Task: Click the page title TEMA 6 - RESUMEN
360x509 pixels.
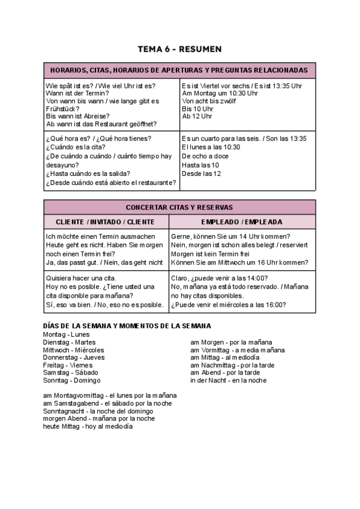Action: pyautogui.click(x=179, y=49)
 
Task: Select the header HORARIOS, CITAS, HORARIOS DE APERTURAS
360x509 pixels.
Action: pyautogui.click(x=179, y=70)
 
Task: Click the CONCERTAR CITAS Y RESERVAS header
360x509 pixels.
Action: pyautogui.click(x=179, y=207)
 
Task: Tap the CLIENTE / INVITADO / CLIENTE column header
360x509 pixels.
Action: pyautogui.click(x=105, y=221)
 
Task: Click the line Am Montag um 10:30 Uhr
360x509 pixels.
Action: pyautogui.click(x=220, y=94)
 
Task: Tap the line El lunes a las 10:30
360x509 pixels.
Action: pyautogui.click(x=211, y=147)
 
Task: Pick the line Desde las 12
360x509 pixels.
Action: pyautogui.click(x=201, y=173)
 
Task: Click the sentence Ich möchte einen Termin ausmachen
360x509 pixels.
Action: pyautogui.click(x=100, y=236)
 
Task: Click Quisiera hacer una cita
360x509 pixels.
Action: pyautogui.click(x=81, y=278)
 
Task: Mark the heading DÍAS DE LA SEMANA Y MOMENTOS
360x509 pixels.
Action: pyautogui.click(x=127, y=325)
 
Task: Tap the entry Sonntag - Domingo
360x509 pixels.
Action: pyautogui.click(x=71, y=381)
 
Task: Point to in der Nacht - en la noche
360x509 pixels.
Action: pyautogui.click(x=228, y=381)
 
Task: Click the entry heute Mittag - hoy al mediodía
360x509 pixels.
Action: pyautogui.click(x=88, y=427)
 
